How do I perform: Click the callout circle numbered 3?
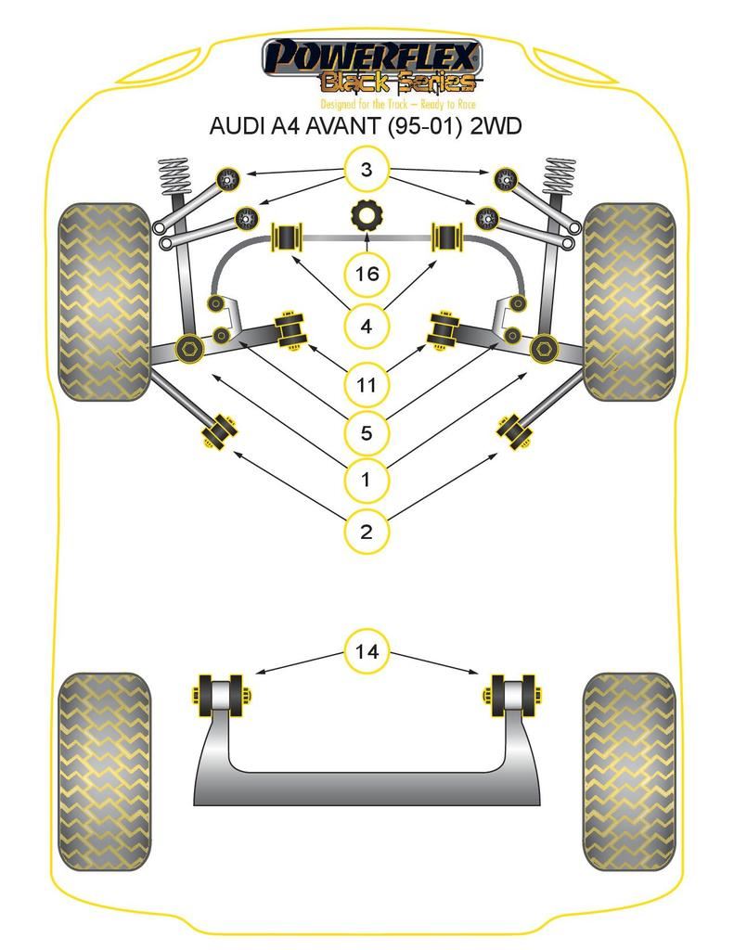pos(367,170)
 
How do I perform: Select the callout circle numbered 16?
pos(367,274)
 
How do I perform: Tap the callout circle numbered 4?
pos(367,327)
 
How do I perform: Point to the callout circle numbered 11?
pos(367,382)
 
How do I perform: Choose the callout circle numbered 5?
pos(367,431)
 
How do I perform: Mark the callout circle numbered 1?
pos(367,480)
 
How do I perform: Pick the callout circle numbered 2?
pos(367,532)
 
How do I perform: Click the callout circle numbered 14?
pos(367,651)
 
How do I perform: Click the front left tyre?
pos(104,302)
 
